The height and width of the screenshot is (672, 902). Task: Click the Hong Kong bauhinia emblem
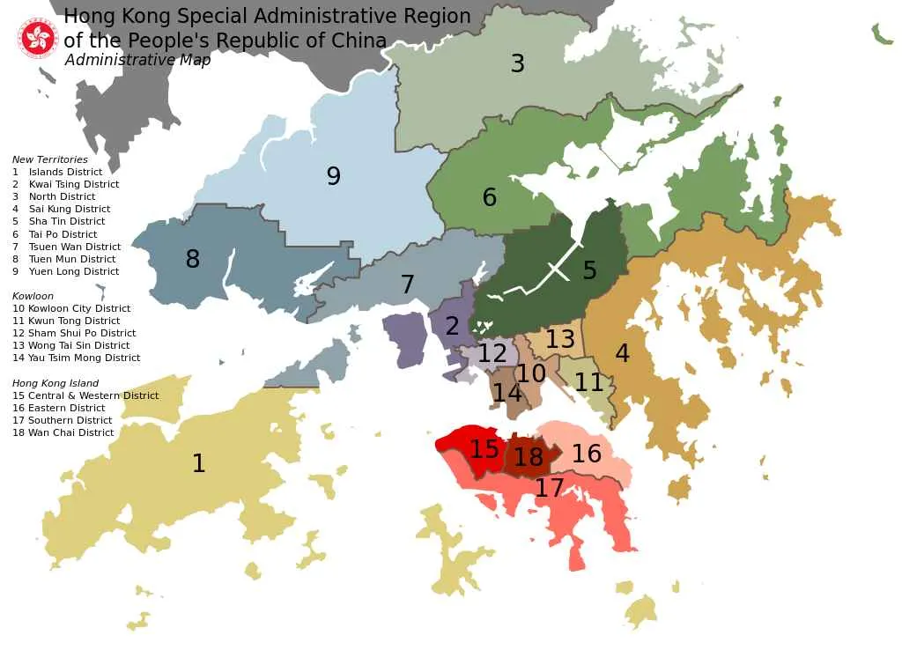[x=38, y=38]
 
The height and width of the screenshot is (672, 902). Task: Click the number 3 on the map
[x=518, y=63]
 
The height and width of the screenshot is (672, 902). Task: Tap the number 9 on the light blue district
[x=333, y=176]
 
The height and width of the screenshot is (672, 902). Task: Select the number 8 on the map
[x=192, y=260]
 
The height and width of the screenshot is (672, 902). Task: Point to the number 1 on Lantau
[x=199, y=463]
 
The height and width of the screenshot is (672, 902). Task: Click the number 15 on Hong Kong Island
[x=484, y=449]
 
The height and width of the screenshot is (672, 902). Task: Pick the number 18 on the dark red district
[x=529, y=458]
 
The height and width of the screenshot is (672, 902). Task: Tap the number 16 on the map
[x=587, y=454]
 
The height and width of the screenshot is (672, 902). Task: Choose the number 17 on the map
[x=549, y=488]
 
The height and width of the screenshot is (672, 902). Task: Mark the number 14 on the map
[x=506, y=393]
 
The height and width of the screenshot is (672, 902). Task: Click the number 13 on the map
[x=560, y=339]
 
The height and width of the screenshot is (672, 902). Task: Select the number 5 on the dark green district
[x=589, y=270]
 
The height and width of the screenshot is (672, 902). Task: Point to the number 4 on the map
[x=622, y=354]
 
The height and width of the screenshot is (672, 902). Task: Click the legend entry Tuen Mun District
[x=71, y=260]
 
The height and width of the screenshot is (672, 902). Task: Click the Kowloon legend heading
[x=33, y=297]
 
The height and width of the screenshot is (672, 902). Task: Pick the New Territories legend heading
[x=50, y=160]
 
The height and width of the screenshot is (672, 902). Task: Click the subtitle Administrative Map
[x=137, y=61]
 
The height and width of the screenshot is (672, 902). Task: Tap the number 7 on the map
[x=407, y=284]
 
